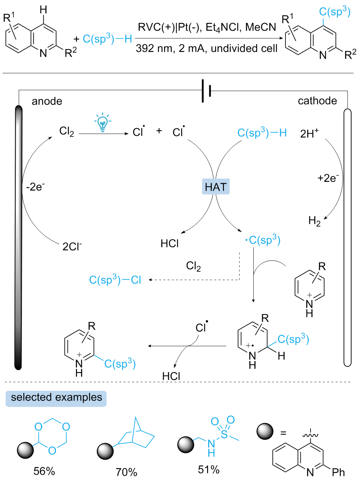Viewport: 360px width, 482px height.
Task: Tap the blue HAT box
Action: tap(216, 187)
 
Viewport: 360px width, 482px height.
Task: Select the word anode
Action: tap(47, 101)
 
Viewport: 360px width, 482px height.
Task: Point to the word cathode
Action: tap(317, 101)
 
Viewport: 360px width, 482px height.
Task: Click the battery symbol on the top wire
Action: tap(206, 91)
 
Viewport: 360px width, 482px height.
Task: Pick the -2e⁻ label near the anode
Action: tap(35, 187)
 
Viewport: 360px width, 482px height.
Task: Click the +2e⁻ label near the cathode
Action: tap(328, 178)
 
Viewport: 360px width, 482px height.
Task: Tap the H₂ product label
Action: tap(314, 221)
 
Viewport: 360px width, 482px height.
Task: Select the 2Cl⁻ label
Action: tap(72, 246)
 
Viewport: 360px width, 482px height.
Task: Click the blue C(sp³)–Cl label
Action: tap(115, 280)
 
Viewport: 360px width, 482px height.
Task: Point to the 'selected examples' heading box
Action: tap(56, 398)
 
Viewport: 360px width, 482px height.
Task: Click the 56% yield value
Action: tap(44, 471)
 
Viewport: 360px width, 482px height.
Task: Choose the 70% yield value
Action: tap(126, 472)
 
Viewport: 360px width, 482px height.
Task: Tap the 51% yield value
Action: tap(209, 470)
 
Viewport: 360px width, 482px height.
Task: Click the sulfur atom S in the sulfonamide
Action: tap(224, 434)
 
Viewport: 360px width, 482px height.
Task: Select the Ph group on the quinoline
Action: tap(338, 472)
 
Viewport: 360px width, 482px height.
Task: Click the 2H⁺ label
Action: tap(309, 134)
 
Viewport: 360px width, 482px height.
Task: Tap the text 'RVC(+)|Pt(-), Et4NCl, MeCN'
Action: tap(207, 28)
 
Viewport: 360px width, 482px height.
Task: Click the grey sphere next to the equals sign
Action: tap(265, 431)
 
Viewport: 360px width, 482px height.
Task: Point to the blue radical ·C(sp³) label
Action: tap(263, 240)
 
